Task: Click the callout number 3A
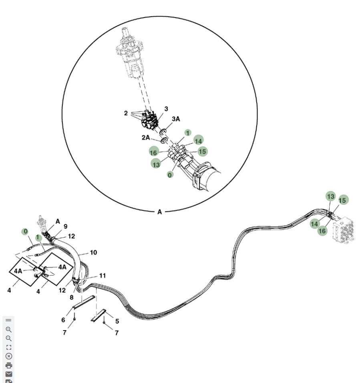click(176, 119)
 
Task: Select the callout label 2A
click(146, 138)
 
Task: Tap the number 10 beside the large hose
click(93, 252)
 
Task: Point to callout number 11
click(103, 276)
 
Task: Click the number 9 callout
click(65, 226)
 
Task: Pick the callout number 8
click(72, 297)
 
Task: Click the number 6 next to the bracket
click(63, 320)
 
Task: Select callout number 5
click(117, 321)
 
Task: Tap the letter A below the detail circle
click(160, 212)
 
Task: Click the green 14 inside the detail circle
click(199, 141)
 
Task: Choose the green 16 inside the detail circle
click(154, 152)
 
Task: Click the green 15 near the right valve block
click(343, 200)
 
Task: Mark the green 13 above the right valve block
click(331, 196)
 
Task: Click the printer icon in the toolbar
click(9, 365)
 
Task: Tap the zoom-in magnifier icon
click(8, 329)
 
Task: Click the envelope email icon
click(9, 374)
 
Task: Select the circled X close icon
click(9, 357)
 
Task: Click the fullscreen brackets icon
click(9, 347)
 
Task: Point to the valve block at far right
click(344, 230)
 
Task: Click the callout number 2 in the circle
click(126, 113)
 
